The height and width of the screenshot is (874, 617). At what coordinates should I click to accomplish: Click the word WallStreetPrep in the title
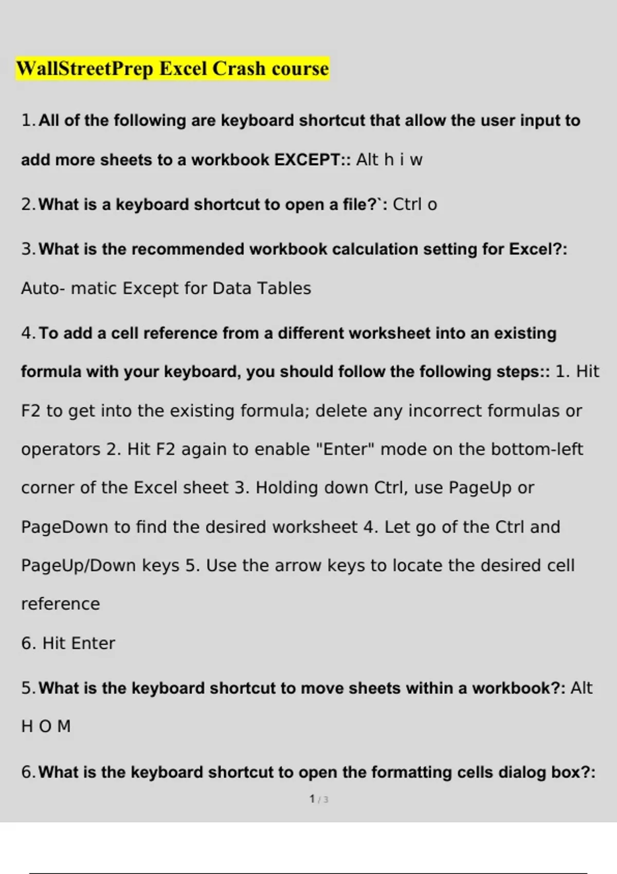pyautogui.click(x=85, y=69)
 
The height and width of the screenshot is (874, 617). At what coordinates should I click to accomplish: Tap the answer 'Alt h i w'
pyautogui.click(x=389, y=160)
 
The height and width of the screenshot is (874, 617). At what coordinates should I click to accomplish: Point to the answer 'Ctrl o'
pyautogui.click(x=415, y=205)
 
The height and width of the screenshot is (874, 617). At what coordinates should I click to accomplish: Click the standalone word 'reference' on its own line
pyautogui.click(x=61, y=604)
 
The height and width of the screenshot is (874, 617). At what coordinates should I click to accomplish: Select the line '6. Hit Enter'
pyautogui.click(x=68, y=643)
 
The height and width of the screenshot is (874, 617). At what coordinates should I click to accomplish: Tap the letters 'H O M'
pyautogui.click(x=46, y=726)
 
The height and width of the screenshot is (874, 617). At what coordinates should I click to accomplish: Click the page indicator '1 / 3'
pyautogui.click(x=319, y=799)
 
